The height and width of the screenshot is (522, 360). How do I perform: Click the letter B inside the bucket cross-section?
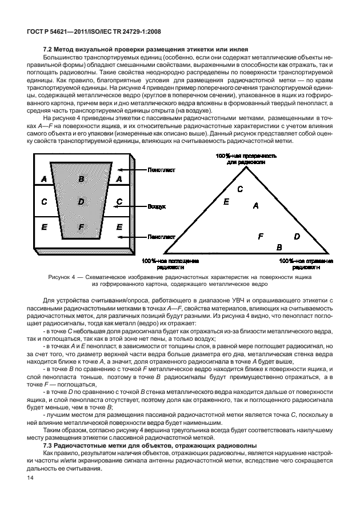tap(81, 179)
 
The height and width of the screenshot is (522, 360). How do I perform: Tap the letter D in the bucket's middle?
tap(81, 202)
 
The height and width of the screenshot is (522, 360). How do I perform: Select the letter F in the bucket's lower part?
tap(81, 227)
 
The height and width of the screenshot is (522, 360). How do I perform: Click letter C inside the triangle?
tap(240, 189)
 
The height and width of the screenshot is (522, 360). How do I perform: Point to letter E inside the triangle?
tap(226, 202)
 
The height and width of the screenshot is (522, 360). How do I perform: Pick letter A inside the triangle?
tap(255, 205)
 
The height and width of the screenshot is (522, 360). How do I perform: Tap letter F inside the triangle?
tap(261, 236)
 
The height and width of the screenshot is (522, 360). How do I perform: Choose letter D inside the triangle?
tap(297, 236)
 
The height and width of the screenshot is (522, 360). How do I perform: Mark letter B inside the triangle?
tap(279, 247)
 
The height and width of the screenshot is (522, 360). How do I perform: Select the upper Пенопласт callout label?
tap(161, 170)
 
